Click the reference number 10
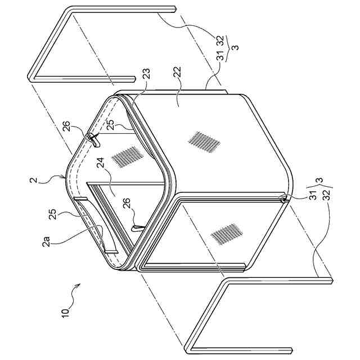point(65,310)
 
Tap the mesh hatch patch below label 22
point(203,142)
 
